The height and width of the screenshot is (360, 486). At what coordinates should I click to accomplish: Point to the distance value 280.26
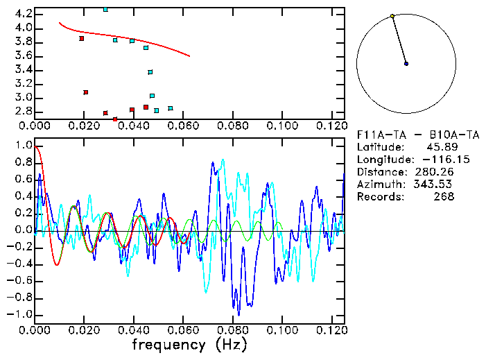click(434, 171)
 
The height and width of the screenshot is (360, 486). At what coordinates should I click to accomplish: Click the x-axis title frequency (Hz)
click(189, 345)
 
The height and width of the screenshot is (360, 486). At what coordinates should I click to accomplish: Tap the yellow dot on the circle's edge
click(392, 16)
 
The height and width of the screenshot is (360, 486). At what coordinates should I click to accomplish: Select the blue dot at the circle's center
click(406, 64)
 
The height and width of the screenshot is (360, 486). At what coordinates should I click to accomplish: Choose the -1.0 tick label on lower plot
click(21, 314)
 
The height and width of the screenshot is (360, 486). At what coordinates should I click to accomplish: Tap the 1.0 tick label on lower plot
click(23, 146)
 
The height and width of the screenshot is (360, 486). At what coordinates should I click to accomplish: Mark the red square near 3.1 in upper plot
click(85, 92)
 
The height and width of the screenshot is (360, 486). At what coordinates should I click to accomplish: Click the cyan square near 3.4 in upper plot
click(150, 72)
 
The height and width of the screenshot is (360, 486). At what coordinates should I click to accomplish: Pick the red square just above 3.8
click(82, 39)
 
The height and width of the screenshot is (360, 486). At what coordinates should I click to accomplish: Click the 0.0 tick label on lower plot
click(23, 230)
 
